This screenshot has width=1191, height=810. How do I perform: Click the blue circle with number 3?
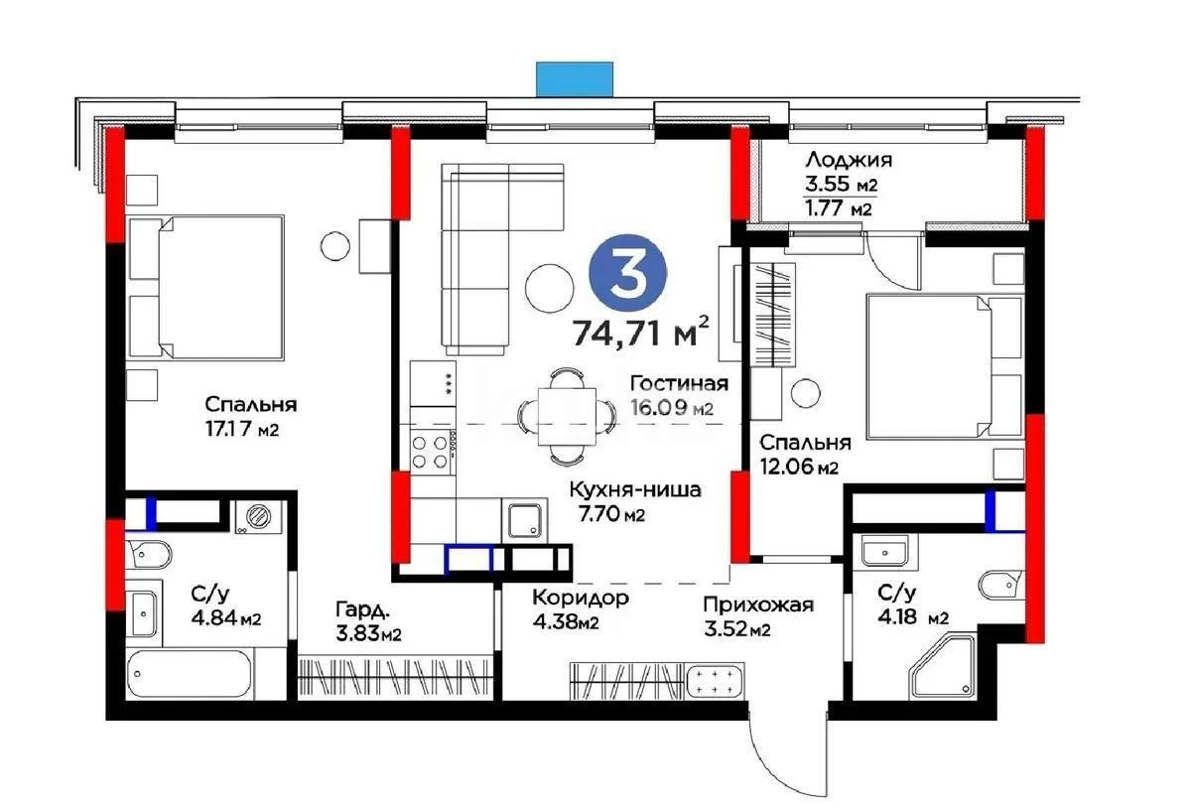[627, 274]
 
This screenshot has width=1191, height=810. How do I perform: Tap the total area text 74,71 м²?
[641, 331]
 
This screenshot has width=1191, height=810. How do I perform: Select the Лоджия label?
[848, 160]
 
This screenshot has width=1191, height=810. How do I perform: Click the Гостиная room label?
[680, 384]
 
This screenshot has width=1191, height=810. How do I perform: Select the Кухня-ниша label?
[635, 489]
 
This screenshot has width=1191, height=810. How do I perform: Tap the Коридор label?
[580, 598]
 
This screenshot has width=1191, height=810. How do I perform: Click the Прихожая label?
[758, 605]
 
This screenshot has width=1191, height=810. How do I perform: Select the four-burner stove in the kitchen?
[433, 452]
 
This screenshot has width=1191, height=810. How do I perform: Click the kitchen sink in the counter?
[524, 521]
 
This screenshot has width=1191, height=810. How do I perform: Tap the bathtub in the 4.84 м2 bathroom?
[191, 675]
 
